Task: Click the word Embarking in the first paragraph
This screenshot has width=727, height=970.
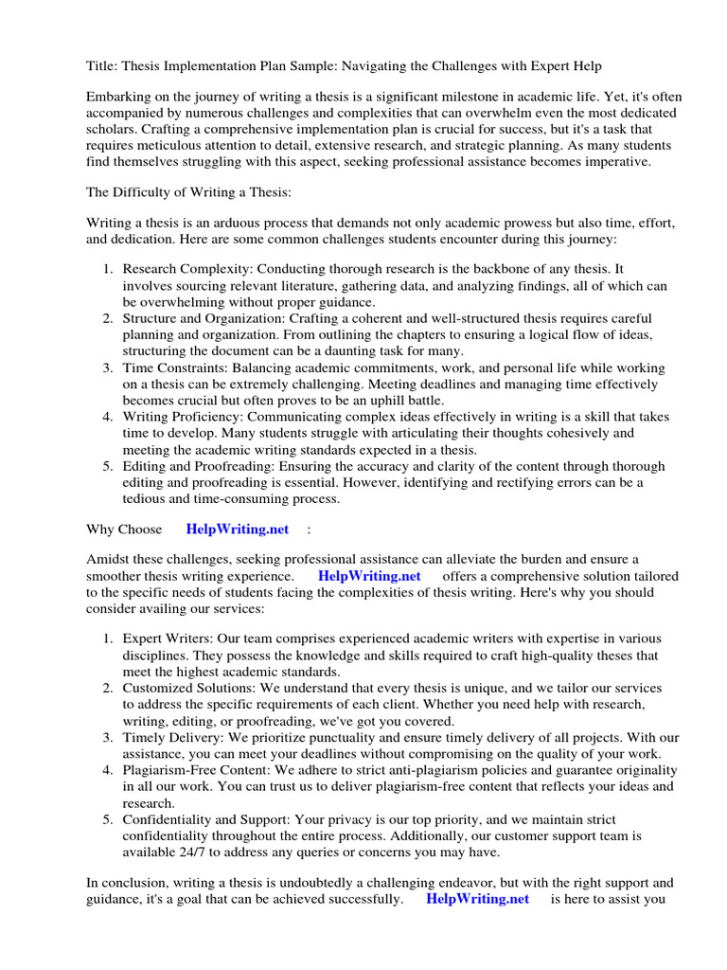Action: point(119,98)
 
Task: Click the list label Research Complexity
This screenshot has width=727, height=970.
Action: point(187,270)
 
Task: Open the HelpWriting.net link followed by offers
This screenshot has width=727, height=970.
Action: point(369,576)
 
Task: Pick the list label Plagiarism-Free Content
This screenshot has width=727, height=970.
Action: point(201,769)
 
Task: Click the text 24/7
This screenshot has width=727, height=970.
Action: point(186,852)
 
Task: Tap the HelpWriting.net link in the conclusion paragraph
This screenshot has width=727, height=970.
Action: point(478,899)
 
